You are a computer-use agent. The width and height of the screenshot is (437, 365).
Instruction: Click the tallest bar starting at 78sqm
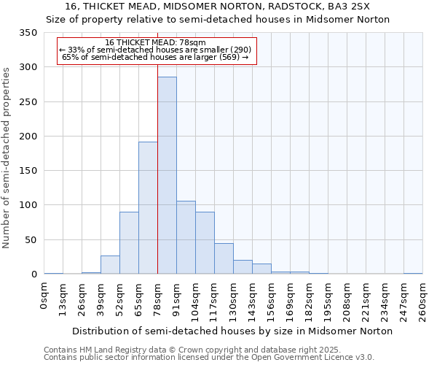(x=167, y=175)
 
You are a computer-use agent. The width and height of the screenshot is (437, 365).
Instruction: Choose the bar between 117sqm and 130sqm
(x=224, y=258)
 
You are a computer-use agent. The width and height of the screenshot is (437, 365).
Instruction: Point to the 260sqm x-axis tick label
(x=422, y=300)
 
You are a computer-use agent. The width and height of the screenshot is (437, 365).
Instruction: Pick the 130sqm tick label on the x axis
(x=234, y=300)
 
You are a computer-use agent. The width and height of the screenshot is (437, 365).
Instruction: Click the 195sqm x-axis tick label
(x=328, y=300)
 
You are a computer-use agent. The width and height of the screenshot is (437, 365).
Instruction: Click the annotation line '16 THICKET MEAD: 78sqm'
(x=155, y=43)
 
